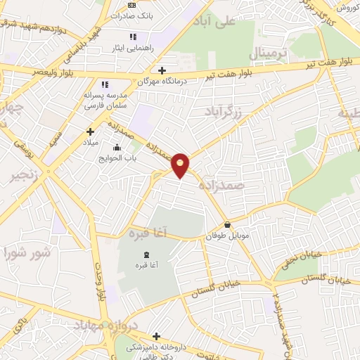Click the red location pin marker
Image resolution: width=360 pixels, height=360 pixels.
[x=181, y=165]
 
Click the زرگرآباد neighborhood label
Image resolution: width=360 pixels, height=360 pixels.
[x=223, y=111]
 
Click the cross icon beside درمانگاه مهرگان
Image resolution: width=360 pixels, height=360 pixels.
[x=162, y=70]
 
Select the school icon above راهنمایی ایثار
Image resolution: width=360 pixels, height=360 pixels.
[x=133, y=37]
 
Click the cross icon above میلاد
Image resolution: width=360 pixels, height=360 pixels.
[x=90, y=131]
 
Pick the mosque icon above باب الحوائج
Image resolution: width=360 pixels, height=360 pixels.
[x=117, y=148]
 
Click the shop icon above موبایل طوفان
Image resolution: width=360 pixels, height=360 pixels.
[x=227, y=225]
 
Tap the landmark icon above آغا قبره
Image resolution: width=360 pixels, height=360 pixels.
[x=146, y=254]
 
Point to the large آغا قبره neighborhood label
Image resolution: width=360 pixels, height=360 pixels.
[x=146, y=233]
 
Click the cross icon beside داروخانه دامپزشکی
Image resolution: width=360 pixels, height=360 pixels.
[x=156, y=337]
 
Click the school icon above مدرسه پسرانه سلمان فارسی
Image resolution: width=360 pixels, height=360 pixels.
[x=105, y=84]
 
